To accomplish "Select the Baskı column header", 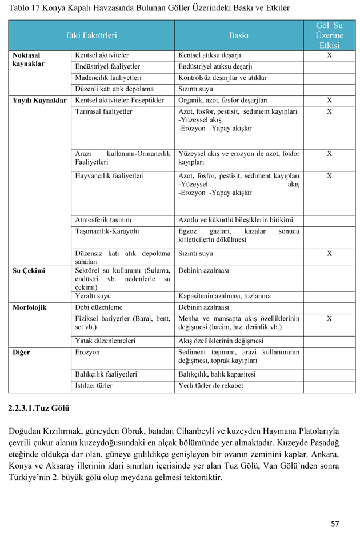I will tap(239, 35).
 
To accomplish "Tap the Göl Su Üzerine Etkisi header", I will tap(329, 35).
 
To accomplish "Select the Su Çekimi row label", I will tap(29, 271).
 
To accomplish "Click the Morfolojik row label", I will tap(30, 307).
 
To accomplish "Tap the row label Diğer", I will tap(22, 353).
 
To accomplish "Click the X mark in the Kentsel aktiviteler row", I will tap(329, 55).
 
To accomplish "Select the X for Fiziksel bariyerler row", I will tap(329, 319).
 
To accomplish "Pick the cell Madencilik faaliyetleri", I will tap(109, 78).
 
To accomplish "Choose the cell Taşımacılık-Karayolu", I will tap(107, 231).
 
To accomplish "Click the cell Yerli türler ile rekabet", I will tap(211, 386).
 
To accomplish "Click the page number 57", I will tap(335, 523).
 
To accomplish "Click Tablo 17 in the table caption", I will tap(26, 9).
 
